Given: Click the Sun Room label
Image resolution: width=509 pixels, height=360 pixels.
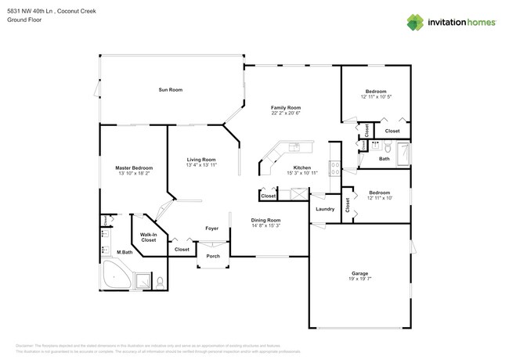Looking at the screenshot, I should [170, 90].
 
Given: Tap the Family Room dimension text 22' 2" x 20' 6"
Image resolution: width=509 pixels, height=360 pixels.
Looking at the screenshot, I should [286, 114].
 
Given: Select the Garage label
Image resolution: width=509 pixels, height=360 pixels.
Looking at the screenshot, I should [359, 273].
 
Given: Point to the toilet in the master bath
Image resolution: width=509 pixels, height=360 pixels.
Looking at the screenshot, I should [160, 283].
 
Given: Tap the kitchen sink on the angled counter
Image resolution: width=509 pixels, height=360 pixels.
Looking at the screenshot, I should [294, 146].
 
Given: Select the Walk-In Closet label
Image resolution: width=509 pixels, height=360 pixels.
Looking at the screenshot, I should [148, 236].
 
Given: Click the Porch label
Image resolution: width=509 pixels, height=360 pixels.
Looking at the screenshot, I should [212, 256].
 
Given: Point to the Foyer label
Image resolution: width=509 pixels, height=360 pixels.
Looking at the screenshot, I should [211, 229].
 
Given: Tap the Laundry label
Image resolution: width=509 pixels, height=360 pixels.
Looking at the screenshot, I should [325, 209].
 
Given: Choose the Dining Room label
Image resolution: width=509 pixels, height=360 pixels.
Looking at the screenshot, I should [265, 220].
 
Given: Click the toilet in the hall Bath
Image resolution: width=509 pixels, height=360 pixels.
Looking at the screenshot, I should [376, 146].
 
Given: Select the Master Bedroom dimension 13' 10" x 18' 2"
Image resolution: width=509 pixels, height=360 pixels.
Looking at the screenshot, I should [134, 174].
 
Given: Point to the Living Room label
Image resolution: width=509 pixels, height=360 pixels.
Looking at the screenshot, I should [201, 160].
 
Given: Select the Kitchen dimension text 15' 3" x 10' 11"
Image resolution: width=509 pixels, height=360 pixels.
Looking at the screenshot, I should [302, 173].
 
